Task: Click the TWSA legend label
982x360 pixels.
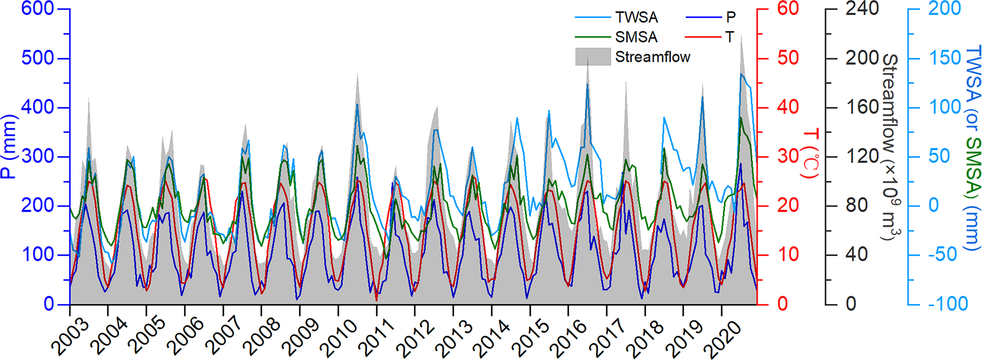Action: (x=637, y=18)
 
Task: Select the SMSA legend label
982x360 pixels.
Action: (x=636, y=37)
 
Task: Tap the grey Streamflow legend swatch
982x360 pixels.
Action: (x=592, y=57)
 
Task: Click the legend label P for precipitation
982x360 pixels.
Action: (x=731, y=18)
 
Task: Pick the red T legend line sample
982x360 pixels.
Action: (x=704, y=37)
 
